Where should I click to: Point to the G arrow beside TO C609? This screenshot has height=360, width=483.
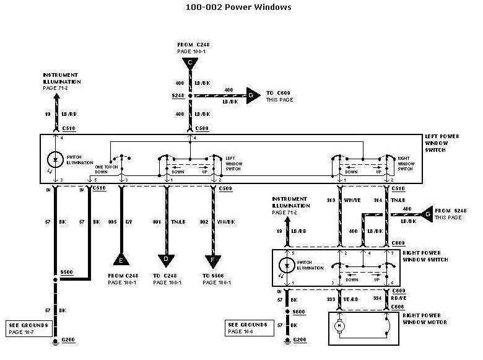point(251,96)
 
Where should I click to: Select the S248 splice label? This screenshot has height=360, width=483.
point(178,96)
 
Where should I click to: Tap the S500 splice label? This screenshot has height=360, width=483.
point(66,272)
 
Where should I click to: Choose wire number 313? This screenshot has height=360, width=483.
point(331,200)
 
